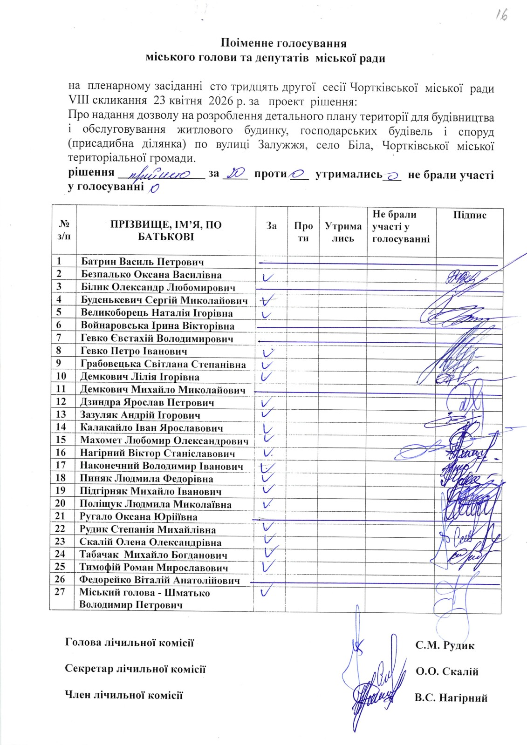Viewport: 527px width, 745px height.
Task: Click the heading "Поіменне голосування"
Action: (x=284, y=43)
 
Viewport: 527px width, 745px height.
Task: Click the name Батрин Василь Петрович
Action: (x=142, y=262)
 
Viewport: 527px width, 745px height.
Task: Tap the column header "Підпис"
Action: (x=469, y=215)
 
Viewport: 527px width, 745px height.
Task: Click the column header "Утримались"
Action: (x=343, y=232)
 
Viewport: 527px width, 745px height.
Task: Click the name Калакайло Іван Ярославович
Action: (x=151, y=427)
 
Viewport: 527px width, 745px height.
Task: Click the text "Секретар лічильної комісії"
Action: (x=135, y=669)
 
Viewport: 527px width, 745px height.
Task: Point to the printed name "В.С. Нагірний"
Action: (x=451, y=698)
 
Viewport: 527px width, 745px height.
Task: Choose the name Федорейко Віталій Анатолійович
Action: (x=159, y=580)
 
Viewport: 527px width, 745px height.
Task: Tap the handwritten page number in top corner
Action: (x=501, y=15)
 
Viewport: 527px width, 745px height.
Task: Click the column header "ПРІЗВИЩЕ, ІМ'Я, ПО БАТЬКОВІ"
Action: (x=166, y=230)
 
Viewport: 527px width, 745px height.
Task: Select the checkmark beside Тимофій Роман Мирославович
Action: (x=267, y=566)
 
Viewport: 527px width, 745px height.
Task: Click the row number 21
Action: (x=61, y=516)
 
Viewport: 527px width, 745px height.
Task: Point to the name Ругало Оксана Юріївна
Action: (x=138, y=516)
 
